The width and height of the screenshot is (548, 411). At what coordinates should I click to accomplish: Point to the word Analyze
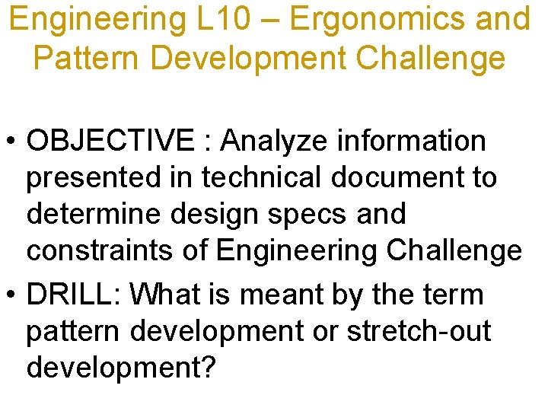tap(266, 141)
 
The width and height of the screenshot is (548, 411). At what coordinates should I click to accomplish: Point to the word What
tap(161, 295)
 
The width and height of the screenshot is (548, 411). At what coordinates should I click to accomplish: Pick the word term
tap(451, 295)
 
